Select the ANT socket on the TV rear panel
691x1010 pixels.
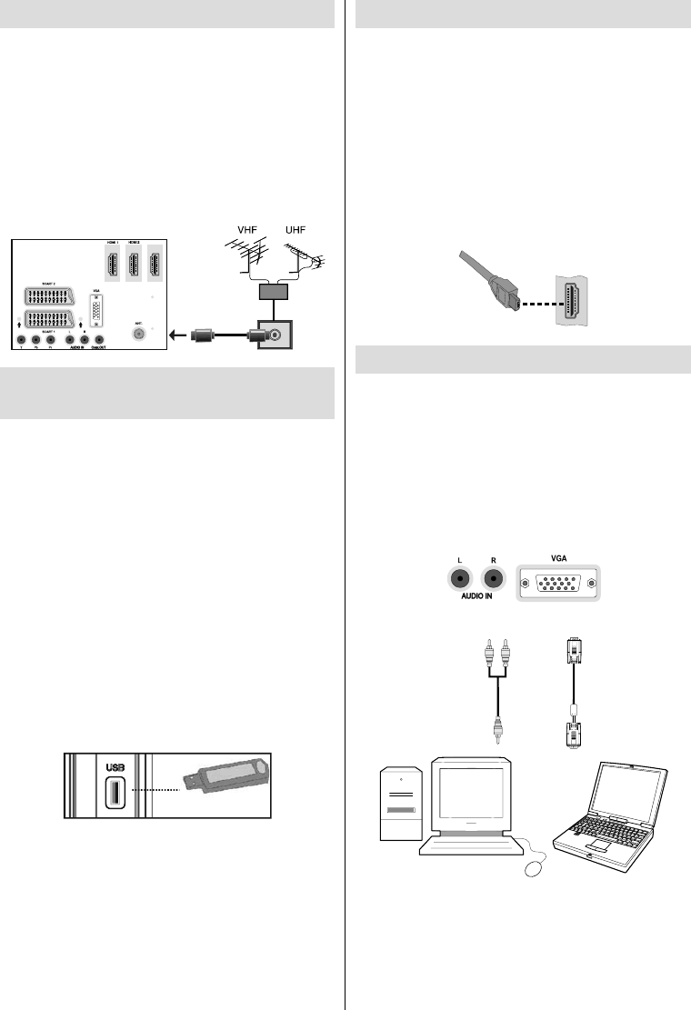point(138,334)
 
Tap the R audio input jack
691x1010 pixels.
point(493,579)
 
